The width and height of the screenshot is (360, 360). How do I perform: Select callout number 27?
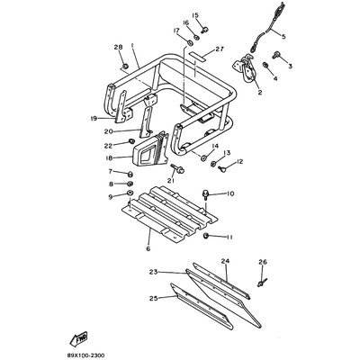[x=220, y=49]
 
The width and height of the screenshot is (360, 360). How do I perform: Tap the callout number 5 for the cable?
[x=283, y=37]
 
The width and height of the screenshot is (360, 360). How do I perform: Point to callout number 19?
[x=94, y=119]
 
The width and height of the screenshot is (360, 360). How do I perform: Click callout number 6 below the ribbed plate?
[x=148, y=248]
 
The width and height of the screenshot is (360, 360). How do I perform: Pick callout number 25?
[x=153, y=298]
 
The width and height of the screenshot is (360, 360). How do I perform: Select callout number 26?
[x=263, y=262]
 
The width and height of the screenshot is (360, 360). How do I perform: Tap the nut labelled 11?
[x=206, y=236]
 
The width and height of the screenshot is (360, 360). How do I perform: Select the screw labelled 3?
[x=275, y=55]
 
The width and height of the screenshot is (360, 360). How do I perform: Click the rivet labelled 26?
[x=262, y=283]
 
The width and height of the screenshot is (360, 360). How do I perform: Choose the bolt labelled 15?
[x=205, y=30]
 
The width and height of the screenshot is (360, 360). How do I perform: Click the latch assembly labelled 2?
[x=247, y=68]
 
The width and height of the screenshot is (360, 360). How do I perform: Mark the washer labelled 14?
[x=204, y=157]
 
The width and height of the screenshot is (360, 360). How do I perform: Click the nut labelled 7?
[x=130, y=174]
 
